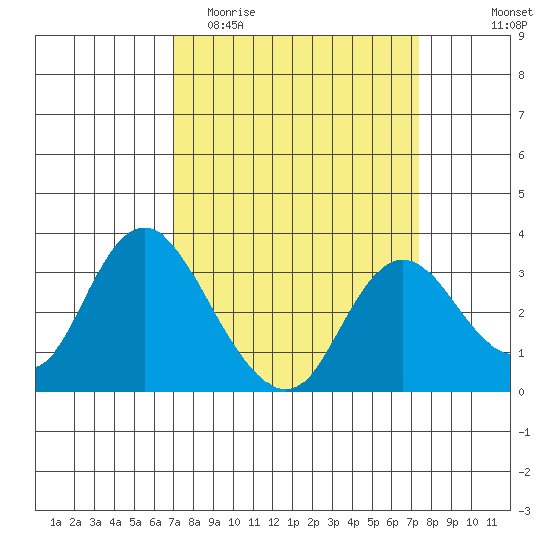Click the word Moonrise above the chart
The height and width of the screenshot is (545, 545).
[231, 13]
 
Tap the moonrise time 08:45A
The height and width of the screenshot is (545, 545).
[225, 25]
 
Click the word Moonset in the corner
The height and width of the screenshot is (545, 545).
[512, 13]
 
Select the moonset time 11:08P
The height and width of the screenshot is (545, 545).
[509, 25]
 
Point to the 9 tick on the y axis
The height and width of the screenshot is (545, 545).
[521, 36]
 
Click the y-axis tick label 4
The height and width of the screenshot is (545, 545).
[521, 234]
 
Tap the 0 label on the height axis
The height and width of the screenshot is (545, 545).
[521, 392]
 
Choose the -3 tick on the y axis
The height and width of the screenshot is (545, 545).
[524, 511]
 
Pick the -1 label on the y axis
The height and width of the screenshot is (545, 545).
[524, 432]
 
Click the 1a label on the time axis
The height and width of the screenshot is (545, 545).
[55, 522]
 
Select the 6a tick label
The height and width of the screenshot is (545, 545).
[155, 522]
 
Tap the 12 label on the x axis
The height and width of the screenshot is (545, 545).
[273, 522]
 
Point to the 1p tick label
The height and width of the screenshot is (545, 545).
[293, 523]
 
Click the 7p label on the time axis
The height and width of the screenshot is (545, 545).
[412, 523]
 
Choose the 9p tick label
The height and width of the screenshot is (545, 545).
[452, 523]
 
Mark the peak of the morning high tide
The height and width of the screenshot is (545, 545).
[144, 228]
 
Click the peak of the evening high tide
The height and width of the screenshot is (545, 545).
[403, 260]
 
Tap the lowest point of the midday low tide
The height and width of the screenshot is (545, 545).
[285, 389]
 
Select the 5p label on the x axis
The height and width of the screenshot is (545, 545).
[373, 523]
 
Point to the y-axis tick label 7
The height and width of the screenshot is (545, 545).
[521, 115]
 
